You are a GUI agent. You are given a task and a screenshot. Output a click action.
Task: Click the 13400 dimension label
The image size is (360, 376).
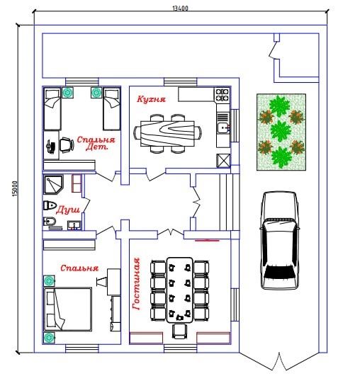pyautogui.click(x=180, y=8)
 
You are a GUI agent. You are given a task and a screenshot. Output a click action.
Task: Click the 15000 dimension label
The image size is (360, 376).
pyautogui.click(x=15, y=189)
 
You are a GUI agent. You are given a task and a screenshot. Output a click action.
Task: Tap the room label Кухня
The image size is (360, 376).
pyautogui.click(x=151, y=99)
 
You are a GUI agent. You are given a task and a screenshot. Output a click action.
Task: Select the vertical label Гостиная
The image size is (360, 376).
pyautogui.click(x=136, y=284)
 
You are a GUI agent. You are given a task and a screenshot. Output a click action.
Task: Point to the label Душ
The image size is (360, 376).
pyautogui.click(x=68, y=210)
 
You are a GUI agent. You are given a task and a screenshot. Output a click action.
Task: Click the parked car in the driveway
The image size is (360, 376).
pyautogui.click(x=280, y=240)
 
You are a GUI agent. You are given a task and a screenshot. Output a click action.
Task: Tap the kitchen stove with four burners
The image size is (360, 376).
pyautogui.click(x=222, y=94)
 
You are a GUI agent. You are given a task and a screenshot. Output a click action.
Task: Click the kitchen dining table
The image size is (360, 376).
pyautogui.click(x=167, y=133)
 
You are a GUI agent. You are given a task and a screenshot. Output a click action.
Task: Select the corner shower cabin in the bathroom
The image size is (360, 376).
pyautogui.click(x=53, y=185)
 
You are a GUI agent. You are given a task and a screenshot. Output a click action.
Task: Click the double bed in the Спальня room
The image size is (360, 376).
pyautogui.click(x=68, y=309)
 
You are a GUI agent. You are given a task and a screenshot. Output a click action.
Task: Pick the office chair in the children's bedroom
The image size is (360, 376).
pyautogui.click(x=67, y=145)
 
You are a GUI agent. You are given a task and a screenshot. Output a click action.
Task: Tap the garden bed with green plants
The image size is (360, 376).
pyautogui.click(x=281, y=132)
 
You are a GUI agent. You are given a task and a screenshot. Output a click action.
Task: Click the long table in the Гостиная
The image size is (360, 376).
pyautogui.click(x=180, y=290)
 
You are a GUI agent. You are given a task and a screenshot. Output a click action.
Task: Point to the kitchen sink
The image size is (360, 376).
pyautogui.click(x=223, y=127)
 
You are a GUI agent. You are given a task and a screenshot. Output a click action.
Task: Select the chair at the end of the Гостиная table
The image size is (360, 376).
pyautogui.click(x=179, y=331)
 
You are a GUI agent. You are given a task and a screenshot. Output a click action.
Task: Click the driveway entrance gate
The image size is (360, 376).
pyautogui.click(x=279, y=362)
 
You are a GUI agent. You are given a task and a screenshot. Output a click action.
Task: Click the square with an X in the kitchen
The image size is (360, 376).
pyautogui.click(x=223, y=161)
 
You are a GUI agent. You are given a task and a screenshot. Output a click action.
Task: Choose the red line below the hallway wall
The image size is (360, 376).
pyautogui.click(x=207, y=240)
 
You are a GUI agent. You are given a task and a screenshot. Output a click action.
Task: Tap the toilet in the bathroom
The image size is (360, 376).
pyautogui.click(x=50, y=205)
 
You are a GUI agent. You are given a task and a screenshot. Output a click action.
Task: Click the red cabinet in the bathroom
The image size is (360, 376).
pyautogui.click(x=77, y=183)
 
